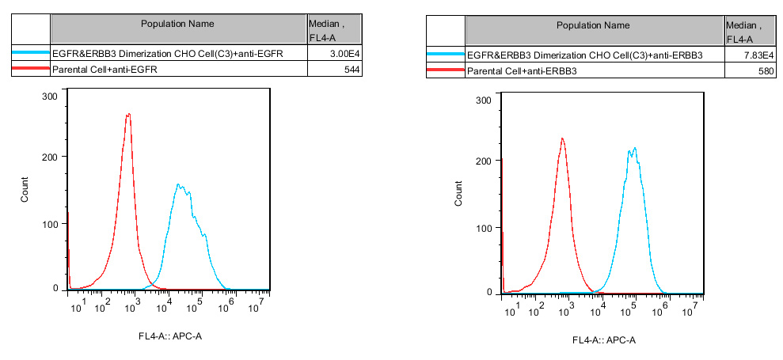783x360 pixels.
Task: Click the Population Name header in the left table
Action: click(177, 24)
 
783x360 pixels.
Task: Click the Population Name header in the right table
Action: click(593, 25)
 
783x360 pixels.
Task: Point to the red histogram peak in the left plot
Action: click(127, 115)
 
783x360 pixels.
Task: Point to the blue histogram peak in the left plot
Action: click(180, 185)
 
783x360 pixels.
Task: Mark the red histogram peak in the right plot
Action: click(562, 139)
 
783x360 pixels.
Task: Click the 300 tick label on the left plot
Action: click(48, 96)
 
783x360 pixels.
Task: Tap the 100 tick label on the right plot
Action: click(482, 228)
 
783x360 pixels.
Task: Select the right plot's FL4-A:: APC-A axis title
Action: click(603, 341)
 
